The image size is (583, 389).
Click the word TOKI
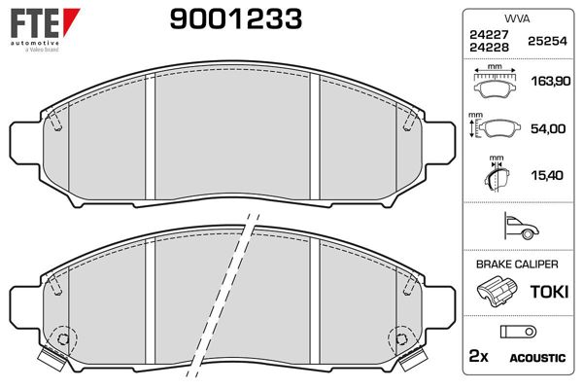pos(548,292)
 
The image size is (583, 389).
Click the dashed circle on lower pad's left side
pos(63,337)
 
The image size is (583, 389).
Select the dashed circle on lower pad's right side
pos(399,337)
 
